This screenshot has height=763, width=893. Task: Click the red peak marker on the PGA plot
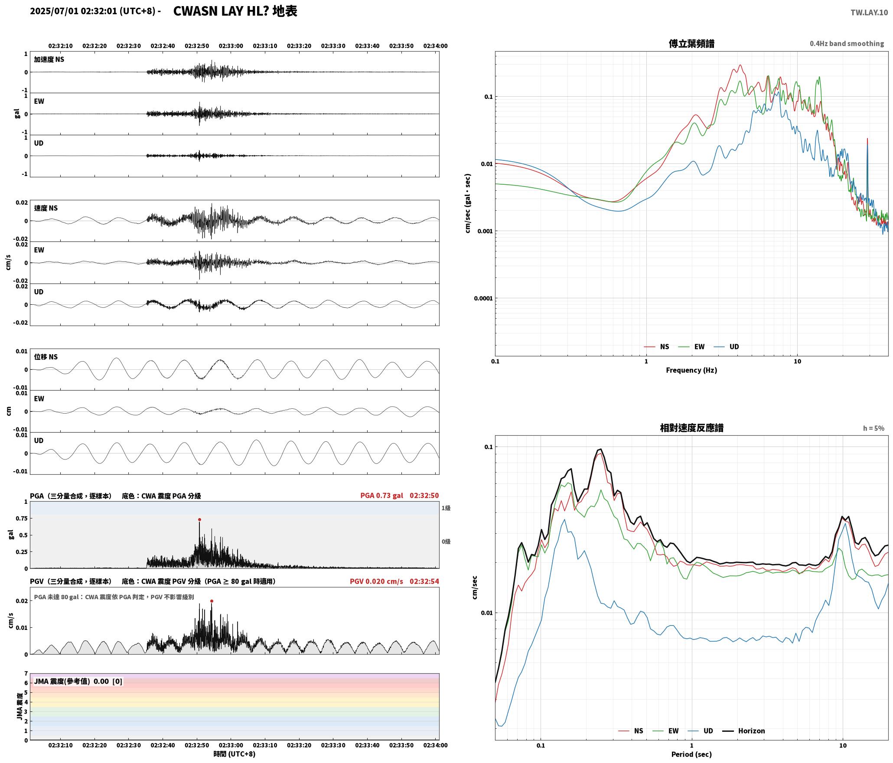pos(199,519)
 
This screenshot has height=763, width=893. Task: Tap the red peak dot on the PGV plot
pos(212,601)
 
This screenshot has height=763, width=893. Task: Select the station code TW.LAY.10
pos(869,13)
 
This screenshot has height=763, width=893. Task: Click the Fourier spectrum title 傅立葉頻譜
pos(691,43)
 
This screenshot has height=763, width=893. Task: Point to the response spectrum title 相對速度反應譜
pos(691,427)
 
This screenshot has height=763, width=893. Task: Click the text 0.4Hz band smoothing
pos(847,43)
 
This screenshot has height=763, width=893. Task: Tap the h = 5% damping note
pos(873,428)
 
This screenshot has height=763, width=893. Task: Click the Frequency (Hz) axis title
pos(691,370)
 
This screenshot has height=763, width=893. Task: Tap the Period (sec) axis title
pos(691,754)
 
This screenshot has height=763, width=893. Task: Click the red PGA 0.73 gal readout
pos(381,495)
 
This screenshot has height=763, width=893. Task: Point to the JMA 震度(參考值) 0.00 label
pos(72,681)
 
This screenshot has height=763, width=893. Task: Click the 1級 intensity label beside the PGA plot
pos(446,508)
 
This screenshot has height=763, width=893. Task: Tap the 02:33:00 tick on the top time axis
pos(231,46)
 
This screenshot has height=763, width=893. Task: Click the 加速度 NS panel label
pos(49,59)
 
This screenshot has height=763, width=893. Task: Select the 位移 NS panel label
pos(46,357)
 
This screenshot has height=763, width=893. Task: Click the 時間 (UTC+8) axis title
pos(234,754)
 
